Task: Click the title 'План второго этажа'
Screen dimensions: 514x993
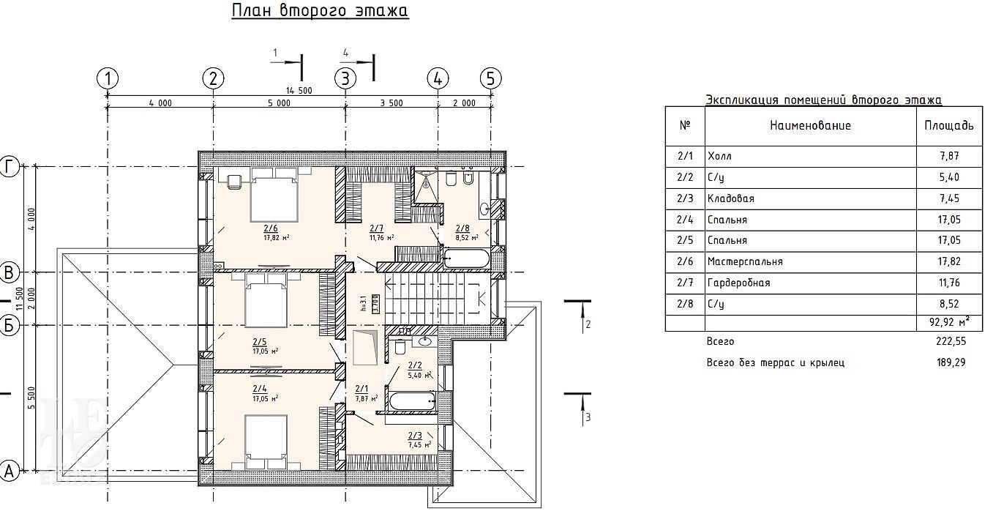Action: pos(320,12)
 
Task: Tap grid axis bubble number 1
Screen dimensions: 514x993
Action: pos(108,78)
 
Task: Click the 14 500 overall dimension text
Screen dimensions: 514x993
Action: pos(299,90)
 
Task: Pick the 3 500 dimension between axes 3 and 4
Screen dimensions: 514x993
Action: pos(391,103)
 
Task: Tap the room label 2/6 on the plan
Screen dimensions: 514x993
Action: pos(271,228)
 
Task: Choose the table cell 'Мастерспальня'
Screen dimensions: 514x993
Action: pos(745,261)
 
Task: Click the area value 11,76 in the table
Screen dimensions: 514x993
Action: pos(948,283)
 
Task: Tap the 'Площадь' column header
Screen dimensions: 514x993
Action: pos(948,125)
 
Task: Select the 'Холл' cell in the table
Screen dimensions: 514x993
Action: pos(719,156)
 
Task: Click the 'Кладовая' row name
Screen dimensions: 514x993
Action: pos(730,198)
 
